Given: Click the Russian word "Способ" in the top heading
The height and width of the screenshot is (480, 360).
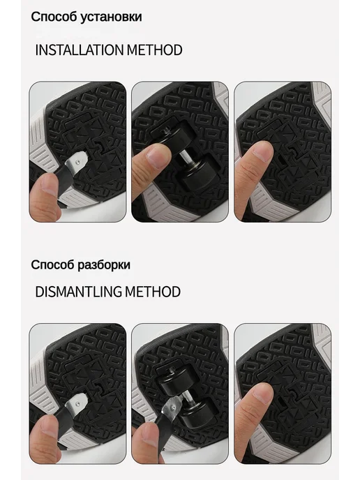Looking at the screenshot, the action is [53, 17].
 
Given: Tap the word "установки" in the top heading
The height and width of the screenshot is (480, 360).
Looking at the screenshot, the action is [111, 17].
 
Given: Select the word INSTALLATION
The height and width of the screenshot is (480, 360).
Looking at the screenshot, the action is [79, 50].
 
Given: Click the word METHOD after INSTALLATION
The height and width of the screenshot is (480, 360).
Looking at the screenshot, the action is [155, 50].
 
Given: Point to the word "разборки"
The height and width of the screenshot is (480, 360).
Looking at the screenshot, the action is [103, 265].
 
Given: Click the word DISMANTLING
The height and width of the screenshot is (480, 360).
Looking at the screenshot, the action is [78, 292].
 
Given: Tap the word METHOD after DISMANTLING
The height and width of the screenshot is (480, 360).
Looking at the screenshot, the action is [153, 292].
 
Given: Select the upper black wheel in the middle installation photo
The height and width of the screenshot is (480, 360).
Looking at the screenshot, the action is [180, 135].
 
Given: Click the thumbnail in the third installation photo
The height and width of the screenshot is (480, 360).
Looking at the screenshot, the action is [261, 151].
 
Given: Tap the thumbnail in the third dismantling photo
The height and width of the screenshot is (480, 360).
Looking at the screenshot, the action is [261, 393].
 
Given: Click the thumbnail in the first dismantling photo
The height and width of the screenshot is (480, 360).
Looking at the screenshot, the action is [48, 427].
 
